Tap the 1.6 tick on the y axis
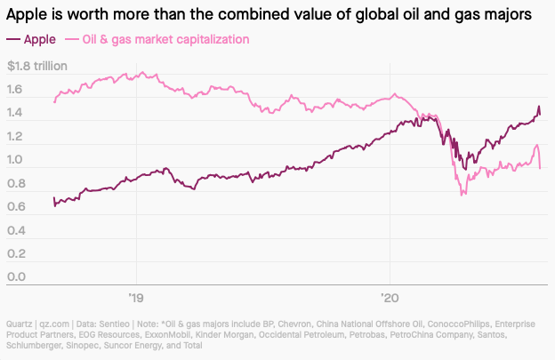pyautogui.click(x=16, y=91)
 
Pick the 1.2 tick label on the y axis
pyautogui.click(x=16, y=138)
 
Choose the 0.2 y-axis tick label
pyautogui.click(x=16, y=254)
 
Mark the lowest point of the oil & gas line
pyautogui.click(x=462, y=194)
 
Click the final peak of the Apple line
pyautogui.click(x=538, y=108)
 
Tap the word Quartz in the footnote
pyautogui.click(x=20, y=324)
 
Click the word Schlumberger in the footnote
pyautogui.click(x=35, y=345)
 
